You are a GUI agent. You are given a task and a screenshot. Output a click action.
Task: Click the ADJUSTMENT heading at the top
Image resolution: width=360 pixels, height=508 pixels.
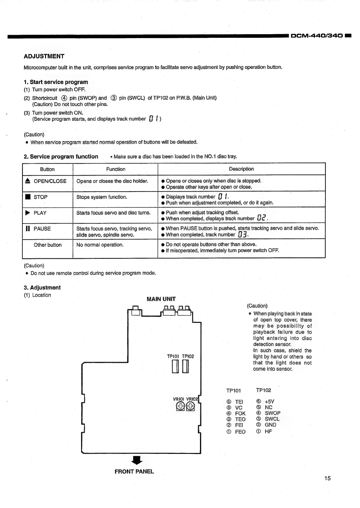click(x=44, y=56)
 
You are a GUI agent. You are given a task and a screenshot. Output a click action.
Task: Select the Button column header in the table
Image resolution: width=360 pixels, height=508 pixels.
click(x=47, y=169)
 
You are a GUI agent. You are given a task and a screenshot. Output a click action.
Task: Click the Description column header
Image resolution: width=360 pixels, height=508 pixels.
click(x=241, y=169)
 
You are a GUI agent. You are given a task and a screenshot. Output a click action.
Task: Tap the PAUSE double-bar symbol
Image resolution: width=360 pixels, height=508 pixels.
click(x=28, y=229)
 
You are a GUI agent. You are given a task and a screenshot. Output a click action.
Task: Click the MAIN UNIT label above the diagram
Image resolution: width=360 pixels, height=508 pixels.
click(x=161, y=299)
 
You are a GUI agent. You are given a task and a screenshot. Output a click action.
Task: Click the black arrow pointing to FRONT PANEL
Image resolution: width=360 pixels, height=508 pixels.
click(x=137, y=460)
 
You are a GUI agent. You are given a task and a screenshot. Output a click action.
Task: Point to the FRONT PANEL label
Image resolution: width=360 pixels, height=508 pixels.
click(x=134, y=471)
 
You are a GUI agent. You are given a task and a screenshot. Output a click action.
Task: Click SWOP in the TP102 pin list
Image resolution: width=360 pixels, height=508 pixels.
click(x=272, y=413)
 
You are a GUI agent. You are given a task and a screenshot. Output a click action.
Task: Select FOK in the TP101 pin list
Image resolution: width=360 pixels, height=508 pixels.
click(x=240, y=413)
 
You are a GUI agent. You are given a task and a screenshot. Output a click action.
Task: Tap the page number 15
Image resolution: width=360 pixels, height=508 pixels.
click(x=327, y=478)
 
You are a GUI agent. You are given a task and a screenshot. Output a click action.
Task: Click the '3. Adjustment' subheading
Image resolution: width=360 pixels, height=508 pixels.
click(x=42, y=288)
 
